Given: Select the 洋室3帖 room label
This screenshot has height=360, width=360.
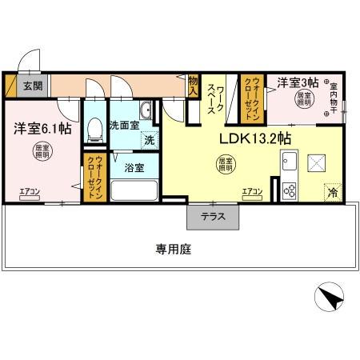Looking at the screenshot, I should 298,82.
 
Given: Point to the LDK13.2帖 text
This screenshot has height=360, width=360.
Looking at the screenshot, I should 255,138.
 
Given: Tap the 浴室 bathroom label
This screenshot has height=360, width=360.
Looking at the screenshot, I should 134,167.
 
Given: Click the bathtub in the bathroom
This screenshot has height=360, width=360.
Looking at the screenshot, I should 134,191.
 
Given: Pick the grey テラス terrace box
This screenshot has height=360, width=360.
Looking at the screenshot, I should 213,216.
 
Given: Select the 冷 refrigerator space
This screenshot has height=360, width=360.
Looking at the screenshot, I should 332,192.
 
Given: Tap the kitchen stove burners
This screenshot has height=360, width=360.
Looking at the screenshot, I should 289,190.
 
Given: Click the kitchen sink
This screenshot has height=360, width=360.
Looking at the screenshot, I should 289,166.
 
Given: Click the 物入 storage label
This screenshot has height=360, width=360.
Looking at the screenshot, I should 193,86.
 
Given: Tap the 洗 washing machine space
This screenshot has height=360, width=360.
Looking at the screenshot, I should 150,141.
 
